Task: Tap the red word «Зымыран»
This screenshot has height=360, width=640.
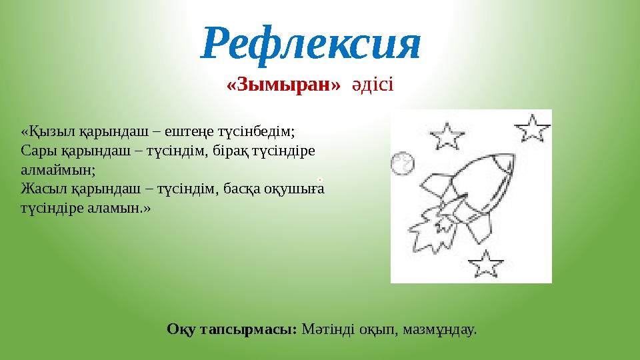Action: [284, 85]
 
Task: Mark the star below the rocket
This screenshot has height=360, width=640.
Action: [489, 264]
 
